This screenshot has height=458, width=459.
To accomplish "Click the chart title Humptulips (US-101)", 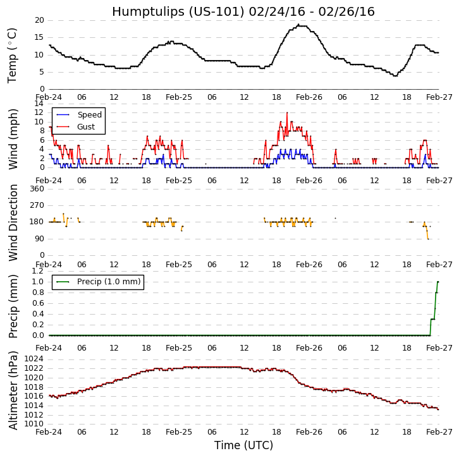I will click(243, 11).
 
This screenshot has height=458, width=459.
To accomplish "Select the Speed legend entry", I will click(89, 115).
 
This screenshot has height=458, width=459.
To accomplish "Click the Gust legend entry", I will click(86, 127).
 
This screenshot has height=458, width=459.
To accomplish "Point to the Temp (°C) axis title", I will click(13, 55).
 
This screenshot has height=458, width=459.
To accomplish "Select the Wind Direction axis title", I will click(13, 222).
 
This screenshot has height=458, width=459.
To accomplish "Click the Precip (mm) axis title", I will click(13, 306).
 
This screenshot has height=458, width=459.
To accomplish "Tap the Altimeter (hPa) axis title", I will click(13, 390).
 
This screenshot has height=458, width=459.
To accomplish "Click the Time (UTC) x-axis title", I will click(243, 445).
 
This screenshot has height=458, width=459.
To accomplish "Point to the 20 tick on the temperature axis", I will click(39, 20).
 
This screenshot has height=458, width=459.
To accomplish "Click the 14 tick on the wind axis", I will click(39, 104).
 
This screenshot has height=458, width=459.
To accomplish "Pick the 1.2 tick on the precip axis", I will click(38, 271).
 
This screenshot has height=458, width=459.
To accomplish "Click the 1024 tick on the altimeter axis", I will click(33, 359).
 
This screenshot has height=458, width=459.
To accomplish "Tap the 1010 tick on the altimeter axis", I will click(33, 423).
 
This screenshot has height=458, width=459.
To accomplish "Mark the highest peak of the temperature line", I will click(298, 25).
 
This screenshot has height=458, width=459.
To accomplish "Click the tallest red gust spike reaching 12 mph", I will click(286, 113).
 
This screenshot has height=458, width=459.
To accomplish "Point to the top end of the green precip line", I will click(438, 282).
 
